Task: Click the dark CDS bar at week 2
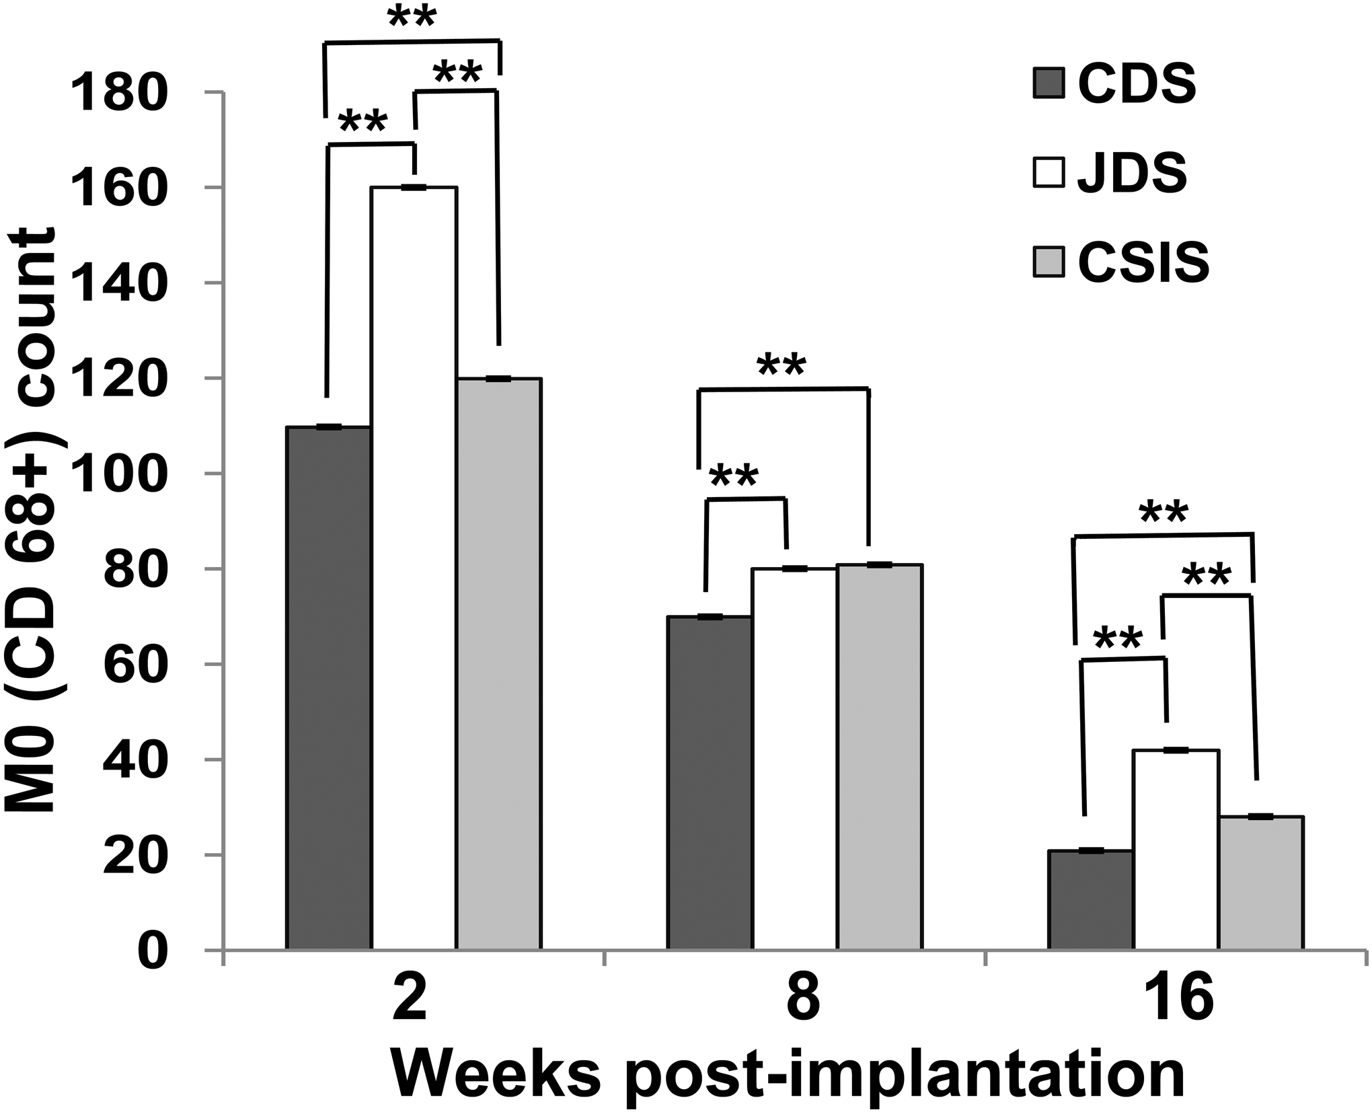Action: [329, 688]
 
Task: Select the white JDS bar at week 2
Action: [414, 568]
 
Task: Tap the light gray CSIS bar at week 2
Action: [499, 664]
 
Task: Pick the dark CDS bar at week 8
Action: [710, 783]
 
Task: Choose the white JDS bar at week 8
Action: [794, 759]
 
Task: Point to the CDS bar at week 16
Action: [1091, 900]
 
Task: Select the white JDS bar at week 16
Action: [1176, 850]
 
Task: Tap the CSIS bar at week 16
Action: [1261, 883]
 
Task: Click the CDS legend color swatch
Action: [1049, 83]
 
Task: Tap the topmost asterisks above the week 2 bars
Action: [412, 18]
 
